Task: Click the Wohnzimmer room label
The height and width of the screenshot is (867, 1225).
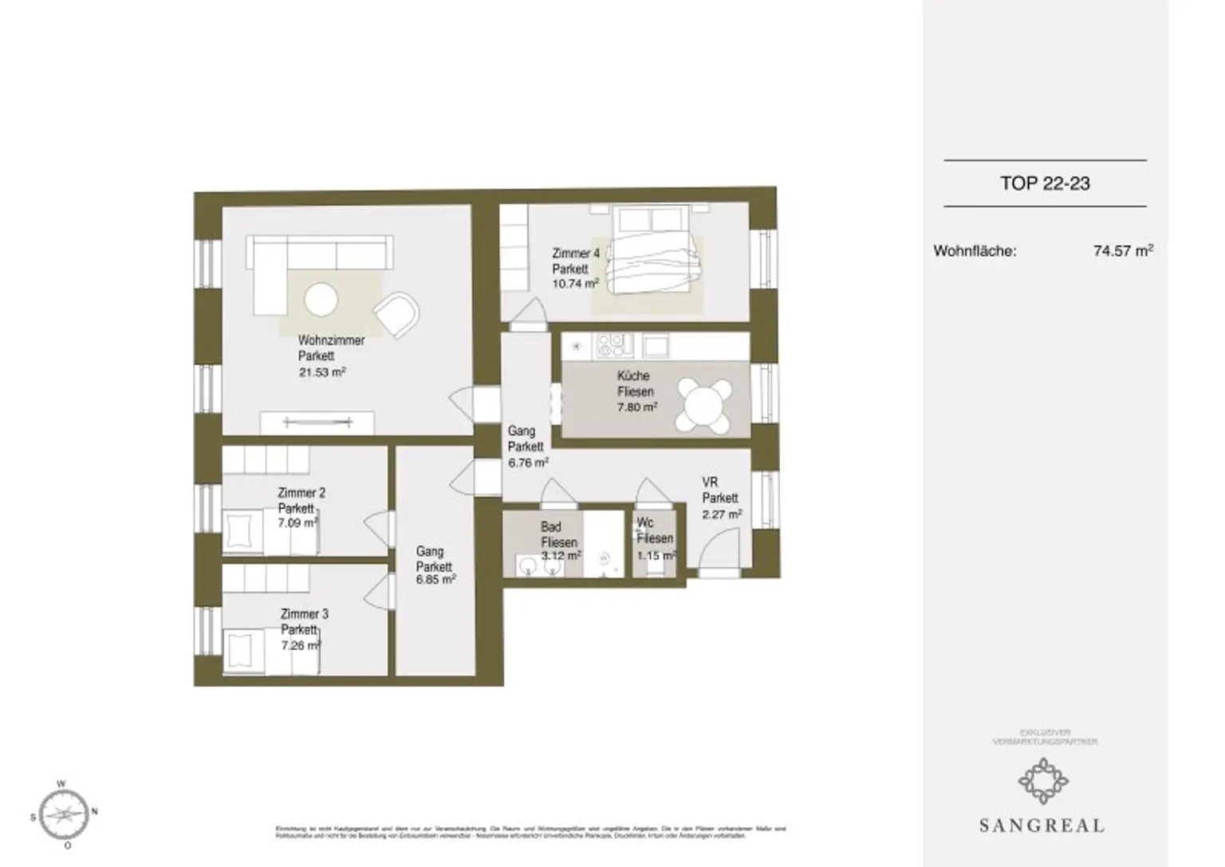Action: point(331,341)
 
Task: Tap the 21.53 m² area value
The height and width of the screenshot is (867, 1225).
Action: point(322,372)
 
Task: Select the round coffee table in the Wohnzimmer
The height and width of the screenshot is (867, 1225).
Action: point(321,301)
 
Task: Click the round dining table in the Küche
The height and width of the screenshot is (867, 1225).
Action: point(704,404)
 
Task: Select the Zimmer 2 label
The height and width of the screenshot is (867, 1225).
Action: point(301,493)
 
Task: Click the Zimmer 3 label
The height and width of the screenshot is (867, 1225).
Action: point(304,614)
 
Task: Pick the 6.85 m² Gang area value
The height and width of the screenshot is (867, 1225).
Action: point(435,581)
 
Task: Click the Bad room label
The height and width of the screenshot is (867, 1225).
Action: point(550,527)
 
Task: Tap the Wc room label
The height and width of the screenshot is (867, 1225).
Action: point(645,523)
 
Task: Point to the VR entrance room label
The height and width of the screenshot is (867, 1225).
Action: point(710,483)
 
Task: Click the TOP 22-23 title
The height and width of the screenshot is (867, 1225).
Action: point(1045,183)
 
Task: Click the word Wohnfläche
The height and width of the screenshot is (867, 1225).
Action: point(975,251)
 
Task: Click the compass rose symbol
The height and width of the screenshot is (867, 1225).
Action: point(65,814)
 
